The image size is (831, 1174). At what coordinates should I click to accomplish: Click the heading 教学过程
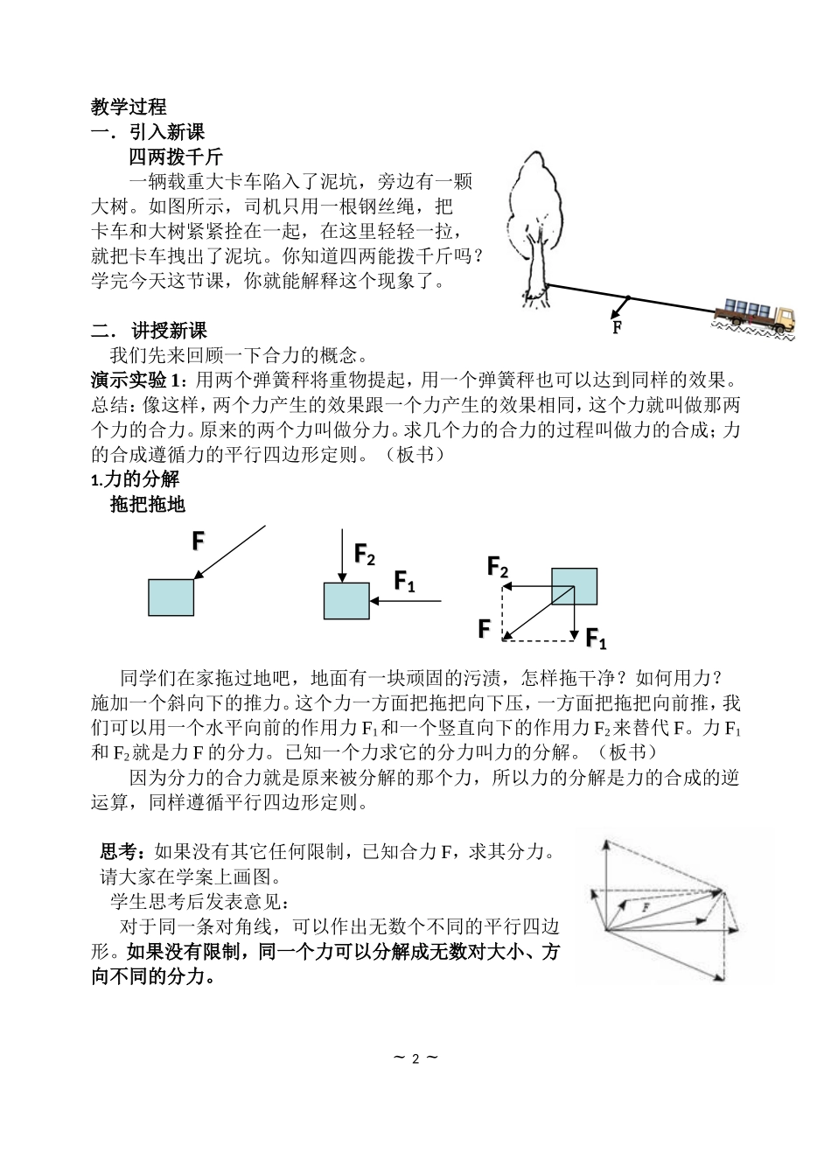click(x=129, y=108)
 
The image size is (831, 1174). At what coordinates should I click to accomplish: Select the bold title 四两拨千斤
click(x=176, y=157)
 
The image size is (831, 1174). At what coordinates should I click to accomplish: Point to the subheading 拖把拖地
click(x=148, y=505)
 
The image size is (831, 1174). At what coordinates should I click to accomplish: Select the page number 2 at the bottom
click(x=415, y=1059)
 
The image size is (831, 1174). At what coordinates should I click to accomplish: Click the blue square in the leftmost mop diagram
click(x=171, y=598)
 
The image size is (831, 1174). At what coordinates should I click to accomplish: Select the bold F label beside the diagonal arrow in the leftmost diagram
click(x=199, y=542)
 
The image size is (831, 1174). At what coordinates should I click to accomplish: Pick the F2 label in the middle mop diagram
click(x=364, y=554)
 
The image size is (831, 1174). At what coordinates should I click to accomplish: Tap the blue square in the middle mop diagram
click(x=346, y=601)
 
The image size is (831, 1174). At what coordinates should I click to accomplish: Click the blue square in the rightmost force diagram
click(x=574, y=586)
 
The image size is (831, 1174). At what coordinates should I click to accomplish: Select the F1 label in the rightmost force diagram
click(x=596, y=639)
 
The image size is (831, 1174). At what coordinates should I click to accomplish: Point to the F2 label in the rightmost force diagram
click(x=498, y=569)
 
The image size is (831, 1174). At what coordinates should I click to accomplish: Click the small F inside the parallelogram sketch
click(x=646, y=908)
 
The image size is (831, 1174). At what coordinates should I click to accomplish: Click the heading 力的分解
click(x=140, y=479)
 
